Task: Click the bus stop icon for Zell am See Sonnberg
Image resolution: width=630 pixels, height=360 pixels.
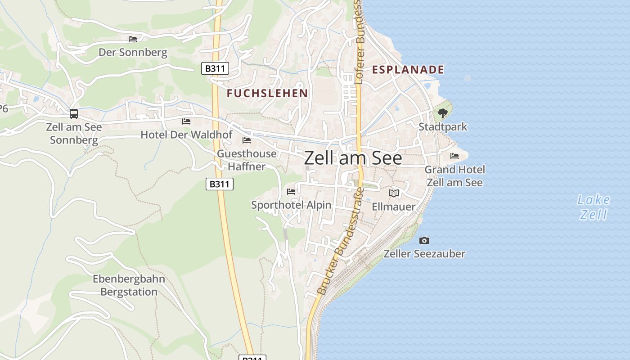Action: click(x=74, y=114)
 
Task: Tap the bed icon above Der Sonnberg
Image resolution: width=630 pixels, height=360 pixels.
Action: click(x=133, y=39)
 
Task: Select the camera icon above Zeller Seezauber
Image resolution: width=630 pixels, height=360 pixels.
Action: click(x=424, y=240)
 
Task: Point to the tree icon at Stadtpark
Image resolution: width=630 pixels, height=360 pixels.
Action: click(x=443, y=113)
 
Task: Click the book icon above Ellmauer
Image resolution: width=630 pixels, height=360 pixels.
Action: click(x=394, y=193)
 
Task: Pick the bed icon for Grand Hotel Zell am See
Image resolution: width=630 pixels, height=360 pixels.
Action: click(x=454, y=156)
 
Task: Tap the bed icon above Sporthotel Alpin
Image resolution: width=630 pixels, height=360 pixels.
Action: click(x=291, y=191)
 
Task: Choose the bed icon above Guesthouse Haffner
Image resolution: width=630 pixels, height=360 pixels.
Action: click(x=247, y=140)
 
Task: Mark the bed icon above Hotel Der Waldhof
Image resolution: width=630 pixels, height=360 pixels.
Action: click(x=186, y=121)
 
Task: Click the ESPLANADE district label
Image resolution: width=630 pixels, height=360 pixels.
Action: click(x=408, y=70)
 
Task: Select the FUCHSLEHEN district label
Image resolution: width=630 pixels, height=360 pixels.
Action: click(x=267, y=94)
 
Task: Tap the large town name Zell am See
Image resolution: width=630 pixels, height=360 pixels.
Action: click(x=353, y=158)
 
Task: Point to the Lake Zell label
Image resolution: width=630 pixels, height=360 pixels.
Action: click(x=594, y=207)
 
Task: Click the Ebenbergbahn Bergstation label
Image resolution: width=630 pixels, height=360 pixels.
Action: click(x=129, y=285)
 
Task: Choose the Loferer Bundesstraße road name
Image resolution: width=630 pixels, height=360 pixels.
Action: click(x=359, y=43)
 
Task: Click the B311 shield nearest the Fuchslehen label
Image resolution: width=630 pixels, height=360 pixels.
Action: click(x=215, y=68)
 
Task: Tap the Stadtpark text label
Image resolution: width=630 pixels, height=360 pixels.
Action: click(x=443, y=127)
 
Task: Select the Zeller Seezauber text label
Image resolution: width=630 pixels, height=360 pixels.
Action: click(x=424, y=254)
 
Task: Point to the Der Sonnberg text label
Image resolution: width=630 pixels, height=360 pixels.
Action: click(x=133, y=53)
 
